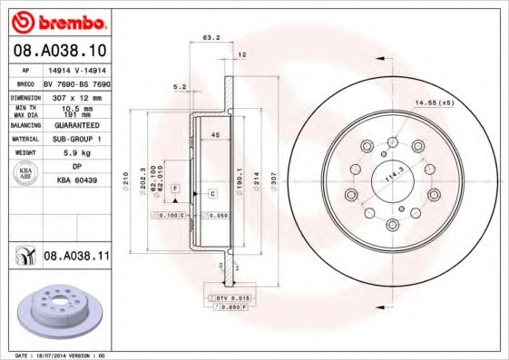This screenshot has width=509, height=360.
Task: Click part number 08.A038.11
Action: (77, 258)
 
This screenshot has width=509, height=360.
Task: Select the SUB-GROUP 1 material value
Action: (76, 140)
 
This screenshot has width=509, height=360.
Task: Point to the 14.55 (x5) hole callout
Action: (434, 104)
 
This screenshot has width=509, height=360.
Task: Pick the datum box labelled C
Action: (211, 194)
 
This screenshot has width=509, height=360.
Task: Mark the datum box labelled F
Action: (175, 186)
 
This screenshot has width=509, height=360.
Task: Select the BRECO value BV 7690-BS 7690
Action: (76, 83)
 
